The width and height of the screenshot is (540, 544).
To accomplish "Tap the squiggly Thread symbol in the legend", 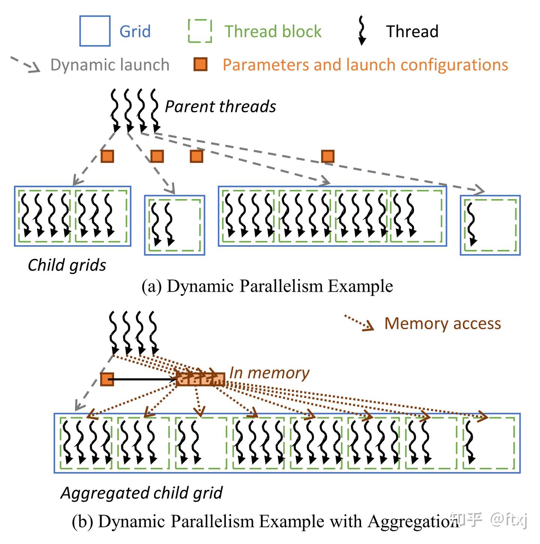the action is point(362,30).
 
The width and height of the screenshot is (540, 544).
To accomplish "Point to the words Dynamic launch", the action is point(110,65).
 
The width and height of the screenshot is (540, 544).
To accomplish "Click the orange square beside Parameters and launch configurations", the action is point(201,64).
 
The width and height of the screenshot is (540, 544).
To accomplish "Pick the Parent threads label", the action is point(220,106).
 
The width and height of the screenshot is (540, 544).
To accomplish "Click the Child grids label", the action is point(67,265).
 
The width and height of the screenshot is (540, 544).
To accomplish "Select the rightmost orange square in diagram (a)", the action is point(328,156).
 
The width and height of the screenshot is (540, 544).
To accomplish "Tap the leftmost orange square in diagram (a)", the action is point(107,156).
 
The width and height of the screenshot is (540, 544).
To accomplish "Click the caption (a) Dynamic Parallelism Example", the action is point(267,286).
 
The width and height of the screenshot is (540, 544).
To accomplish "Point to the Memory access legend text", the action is point(443,323).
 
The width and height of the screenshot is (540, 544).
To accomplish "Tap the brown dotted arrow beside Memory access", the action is point(358,322).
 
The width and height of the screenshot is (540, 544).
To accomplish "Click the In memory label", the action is point(269,373).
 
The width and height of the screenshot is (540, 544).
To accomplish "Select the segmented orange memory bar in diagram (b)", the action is point(201,379).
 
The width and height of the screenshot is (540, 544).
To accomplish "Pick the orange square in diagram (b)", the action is point(107,379).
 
